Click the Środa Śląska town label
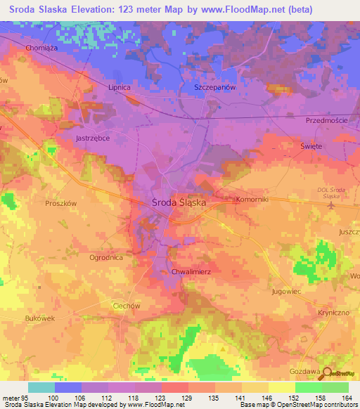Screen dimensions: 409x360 point(179,202)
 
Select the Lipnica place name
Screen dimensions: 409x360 point(120,87)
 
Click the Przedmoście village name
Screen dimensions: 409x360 point(327,121)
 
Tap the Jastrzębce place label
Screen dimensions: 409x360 point(92,139)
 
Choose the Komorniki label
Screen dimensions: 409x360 point(250,199)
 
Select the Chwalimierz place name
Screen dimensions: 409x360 point(191,271)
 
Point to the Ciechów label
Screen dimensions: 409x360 point(127,306)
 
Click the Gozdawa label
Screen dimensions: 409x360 point(305,370)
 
